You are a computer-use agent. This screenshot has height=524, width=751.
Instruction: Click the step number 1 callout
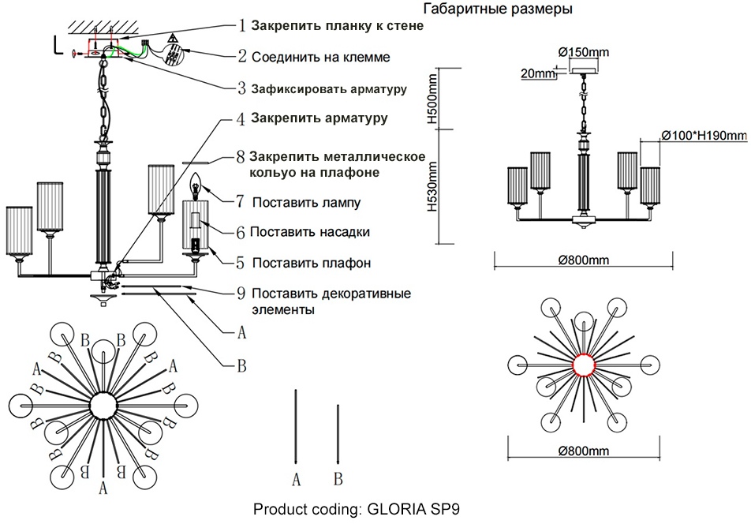coord(242,25)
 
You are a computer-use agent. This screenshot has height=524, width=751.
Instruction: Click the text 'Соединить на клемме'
coord(320,57)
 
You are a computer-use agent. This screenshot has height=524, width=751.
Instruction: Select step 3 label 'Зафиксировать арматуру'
coord(329,88)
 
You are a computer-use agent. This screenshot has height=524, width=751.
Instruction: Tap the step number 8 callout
coord(241,155)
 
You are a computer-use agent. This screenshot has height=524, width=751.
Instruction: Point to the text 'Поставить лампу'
coord(307,203)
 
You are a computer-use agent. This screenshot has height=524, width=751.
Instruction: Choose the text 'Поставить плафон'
coord(312,263)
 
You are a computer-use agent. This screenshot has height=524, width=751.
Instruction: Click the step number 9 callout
coord(241,294)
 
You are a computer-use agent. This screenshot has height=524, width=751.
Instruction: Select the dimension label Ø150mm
coord(585,52)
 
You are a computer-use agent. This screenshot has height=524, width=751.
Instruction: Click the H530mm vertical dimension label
coord(432,187)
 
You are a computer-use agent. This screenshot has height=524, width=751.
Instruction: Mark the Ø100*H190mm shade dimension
coord(703,135)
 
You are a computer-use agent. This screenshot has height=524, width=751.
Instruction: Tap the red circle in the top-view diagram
coord(583,365)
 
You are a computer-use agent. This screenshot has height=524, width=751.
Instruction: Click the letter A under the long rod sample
coord(297,478)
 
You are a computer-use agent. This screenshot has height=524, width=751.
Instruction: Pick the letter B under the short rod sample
coord(338,478)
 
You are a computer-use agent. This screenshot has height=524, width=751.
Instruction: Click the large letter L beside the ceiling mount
coord(58,45)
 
